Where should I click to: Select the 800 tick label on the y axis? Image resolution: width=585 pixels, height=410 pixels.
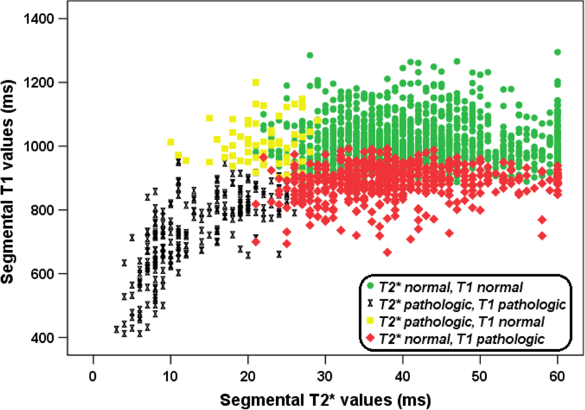43,210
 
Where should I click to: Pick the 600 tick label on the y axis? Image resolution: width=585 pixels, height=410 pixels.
43,274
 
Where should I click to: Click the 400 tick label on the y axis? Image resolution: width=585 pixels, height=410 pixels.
43,337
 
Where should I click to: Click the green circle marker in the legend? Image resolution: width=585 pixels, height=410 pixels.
370,285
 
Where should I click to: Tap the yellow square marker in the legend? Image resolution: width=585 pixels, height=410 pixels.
370,321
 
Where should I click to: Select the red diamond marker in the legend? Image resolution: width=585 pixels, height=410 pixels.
370,338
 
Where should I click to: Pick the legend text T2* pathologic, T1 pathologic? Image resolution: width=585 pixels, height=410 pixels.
472,304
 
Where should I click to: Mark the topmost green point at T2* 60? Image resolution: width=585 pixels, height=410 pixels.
557,52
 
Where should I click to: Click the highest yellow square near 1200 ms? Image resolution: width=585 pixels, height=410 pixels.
256,83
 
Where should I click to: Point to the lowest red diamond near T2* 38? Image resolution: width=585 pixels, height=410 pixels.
387,252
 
